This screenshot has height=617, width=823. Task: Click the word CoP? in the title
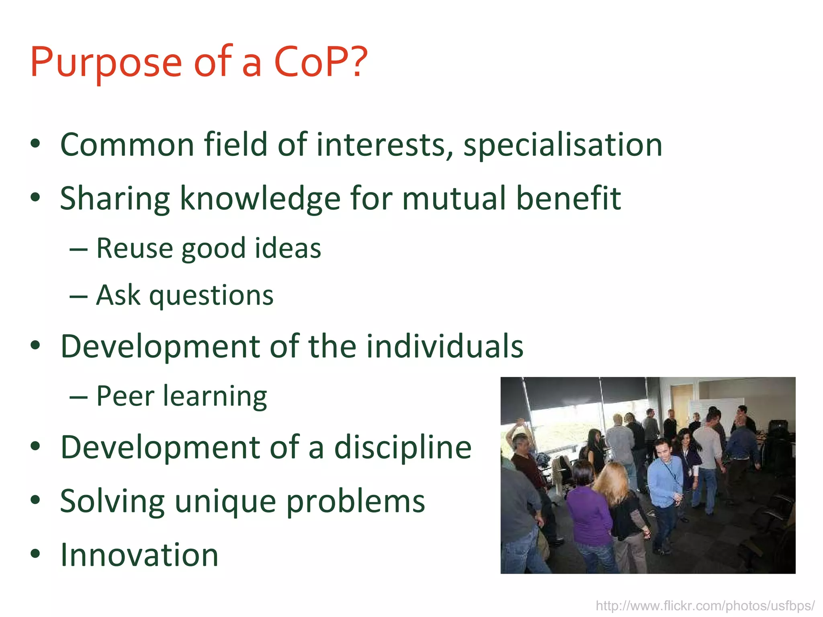click(x=320, y=62)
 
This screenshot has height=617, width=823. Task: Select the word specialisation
click(x=563, y=145)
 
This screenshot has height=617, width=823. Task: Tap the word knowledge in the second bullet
click(x=260, y=199)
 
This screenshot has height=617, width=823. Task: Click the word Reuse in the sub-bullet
click(x=134, y=248)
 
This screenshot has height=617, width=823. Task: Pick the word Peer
click(x=125, y=396)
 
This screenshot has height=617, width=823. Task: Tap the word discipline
click(x=403, y=448)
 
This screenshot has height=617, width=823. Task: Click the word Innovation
click(x=139, y=555)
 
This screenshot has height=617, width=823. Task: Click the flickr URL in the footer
click(x=705, y=605)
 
